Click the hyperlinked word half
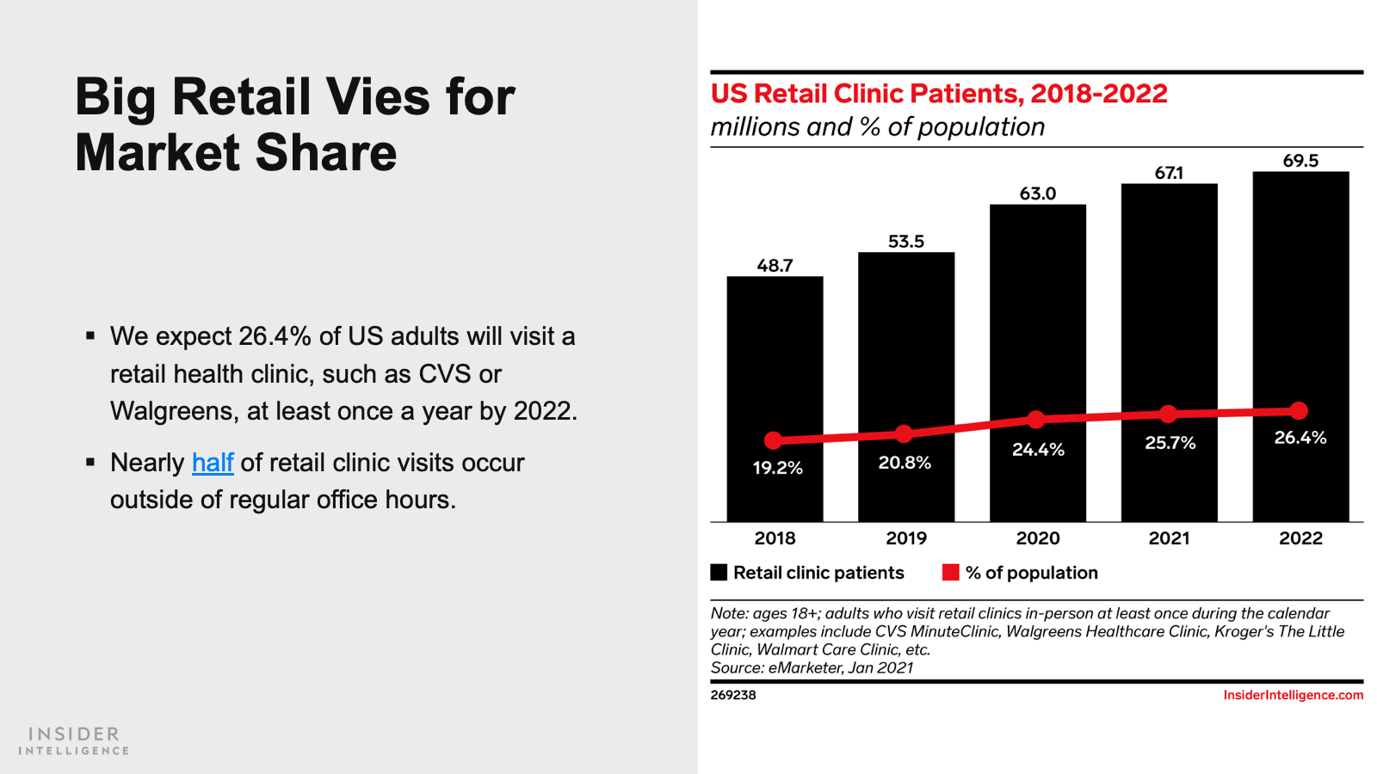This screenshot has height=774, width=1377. (213, 463)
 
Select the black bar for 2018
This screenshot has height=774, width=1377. (775, 361)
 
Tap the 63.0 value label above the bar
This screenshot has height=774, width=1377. (1037, 193)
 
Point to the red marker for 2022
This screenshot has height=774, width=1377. (1300, 411)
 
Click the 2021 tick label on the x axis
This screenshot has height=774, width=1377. (1169, 538)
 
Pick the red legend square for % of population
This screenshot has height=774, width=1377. (950, 573)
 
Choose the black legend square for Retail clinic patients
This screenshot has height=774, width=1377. (719, 573)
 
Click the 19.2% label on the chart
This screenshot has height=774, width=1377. (777, 468)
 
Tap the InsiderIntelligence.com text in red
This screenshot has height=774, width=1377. (1293, 695)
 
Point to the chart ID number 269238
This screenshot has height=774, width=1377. (733, 695)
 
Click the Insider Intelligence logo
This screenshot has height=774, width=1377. (74, 740)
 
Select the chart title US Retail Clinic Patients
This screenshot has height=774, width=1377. (938, 94)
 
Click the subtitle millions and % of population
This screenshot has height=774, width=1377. (877, 127)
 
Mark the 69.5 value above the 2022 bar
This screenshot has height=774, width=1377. (1300, 161)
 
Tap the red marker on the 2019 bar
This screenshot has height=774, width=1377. (904, 433)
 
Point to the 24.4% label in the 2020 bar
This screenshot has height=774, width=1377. (1038, 450)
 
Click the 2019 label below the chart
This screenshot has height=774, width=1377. (906, 538)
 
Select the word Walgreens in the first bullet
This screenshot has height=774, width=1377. (172, 412)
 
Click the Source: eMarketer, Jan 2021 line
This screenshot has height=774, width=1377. (812, 668)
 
